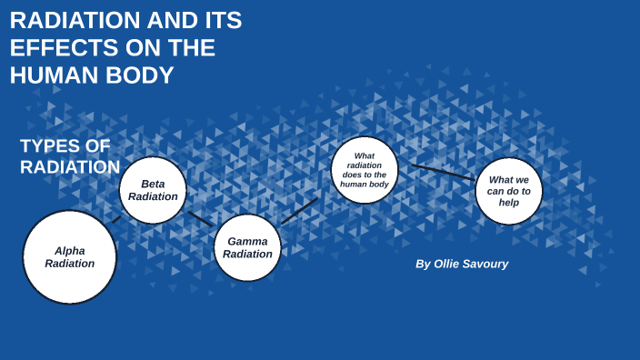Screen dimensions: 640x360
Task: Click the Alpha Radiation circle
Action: (69, 257)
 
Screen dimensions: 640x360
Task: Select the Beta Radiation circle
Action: (153, 190)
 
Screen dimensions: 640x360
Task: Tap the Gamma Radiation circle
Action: (248, 248)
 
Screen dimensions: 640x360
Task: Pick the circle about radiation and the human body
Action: (365, 170)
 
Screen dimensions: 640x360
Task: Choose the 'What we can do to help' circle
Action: (509, 191)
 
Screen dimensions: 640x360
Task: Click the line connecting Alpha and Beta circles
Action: (116, 220)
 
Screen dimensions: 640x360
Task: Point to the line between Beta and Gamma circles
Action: (200, 219)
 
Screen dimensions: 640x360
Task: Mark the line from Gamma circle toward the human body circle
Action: (300, 211)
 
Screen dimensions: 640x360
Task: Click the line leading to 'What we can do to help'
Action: (444, 172)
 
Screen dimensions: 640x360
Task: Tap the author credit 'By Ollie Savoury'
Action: (462, 264)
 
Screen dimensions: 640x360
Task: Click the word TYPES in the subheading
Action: (50, 145)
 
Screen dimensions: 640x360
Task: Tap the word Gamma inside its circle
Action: (248, 241)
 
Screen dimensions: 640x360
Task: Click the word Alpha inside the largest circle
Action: (70, 251)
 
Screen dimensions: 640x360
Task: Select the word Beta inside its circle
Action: (153, 184)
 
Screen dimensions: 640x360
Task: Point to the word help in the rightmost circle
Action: (509, 203)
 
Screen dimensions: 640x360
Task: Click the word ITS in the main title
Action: (224, 20)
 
